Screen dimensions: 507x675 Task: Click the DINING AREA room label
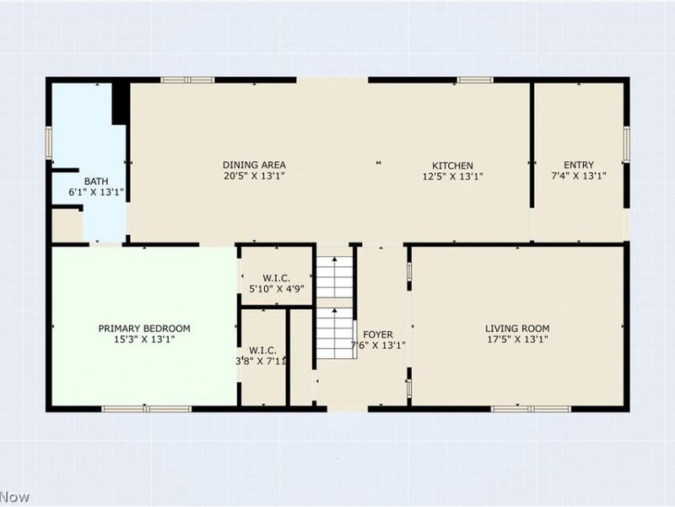tap(254, 165)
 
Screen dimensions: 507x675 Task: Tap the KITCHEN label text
tap(452, 165)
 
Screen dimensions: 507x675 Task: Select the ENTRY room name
tap(579, 165)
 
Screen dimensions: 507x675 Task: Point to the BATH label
tap(96, 181)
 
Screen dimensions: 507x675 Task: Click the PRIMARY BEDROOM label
tap(144, 329)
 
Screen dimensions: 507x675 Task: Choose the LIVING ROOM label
tap(517, 329)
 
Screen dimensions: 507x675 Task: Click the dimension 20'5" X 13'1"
tap(254, 177)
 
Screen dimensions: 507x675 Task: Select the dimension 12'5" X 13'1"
tap(452, 177)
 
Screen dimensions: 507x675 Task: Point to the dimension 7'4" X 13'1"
tap(579, 177)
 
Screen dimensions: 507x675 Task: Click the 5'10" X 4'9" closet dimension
tap(277, 289)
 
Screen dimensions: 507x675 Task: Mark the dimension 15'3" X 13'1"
tap(144, 340)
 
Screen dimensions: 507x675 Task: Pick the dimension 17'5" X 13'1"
tap(517, 340)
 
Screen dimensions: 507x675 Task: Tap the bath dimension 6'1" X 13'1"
tap(96, 193)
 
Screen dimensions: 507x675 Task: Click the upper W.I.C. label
tap(277, 277)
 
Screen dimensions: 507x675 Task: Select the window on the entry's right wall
tap(626, 143)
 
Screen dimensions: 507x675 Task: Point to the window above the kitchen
tap(475, 80)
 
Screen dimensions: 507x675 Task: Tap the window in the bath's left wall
tap(49, 142)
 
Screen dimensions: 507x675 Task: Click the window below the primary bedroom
tap(146, 408)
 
